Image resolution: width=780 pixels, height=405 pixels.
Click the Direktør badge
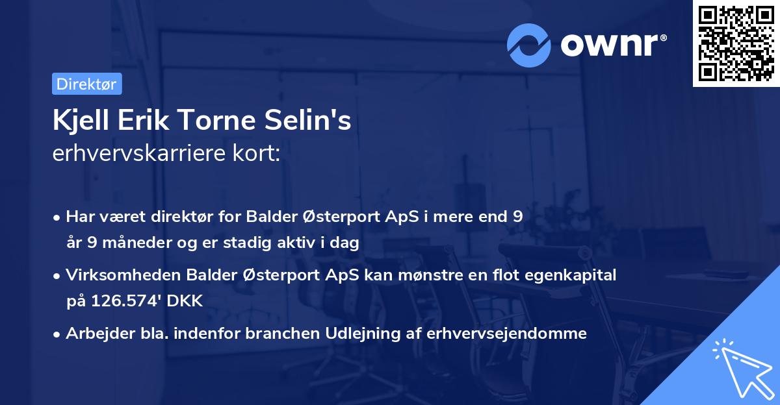point(86,84)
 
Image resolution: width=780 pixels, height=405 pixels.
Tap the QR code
point(736,43)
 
